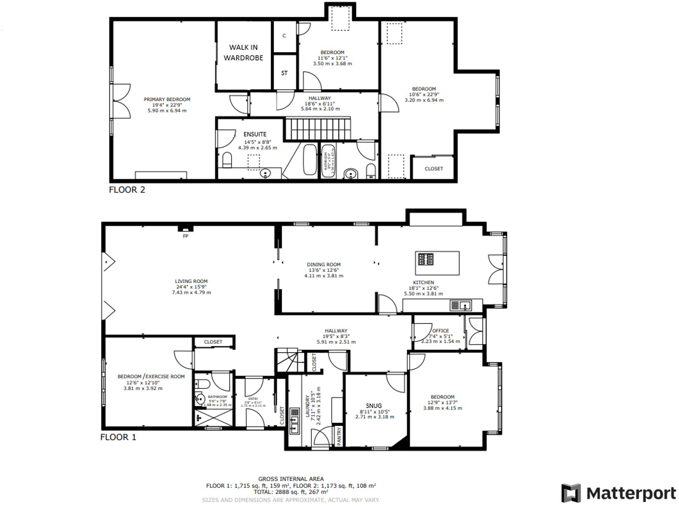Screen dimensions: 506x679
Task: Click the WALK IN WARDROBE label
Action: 243,52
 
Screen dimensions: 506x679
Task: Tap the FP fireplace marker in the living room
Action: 186,236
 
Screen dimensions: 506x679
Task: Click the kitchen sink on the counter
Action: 461,306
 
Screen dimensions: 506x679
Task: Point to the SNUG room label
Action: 374,406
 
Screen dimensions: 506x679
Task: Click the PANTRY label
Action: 339,436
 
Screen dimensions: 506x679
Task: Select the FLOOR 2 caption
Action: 127,190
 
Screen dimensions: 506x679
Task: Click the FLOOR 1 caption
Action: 118,437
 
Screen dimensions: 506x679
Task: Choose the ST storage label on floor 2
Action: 284,73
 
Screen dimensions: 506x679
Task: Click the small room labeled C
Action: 284,36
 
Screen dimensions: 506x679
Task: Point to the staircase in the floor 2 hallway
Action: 318,129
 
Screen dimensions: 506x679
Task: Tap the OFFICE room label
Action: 441,331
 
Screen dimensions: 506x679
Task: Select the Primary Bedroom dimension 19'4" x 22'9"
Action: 167,105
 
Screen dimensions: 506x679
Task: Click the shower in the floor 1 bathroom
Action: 214,418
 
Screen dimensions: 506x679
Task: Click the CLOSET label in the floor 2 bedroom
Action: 434,169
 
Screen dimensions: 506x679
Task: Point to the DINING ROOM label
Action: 324,265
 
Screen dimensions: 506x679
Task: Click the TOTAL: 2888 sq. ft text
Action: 291,492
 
